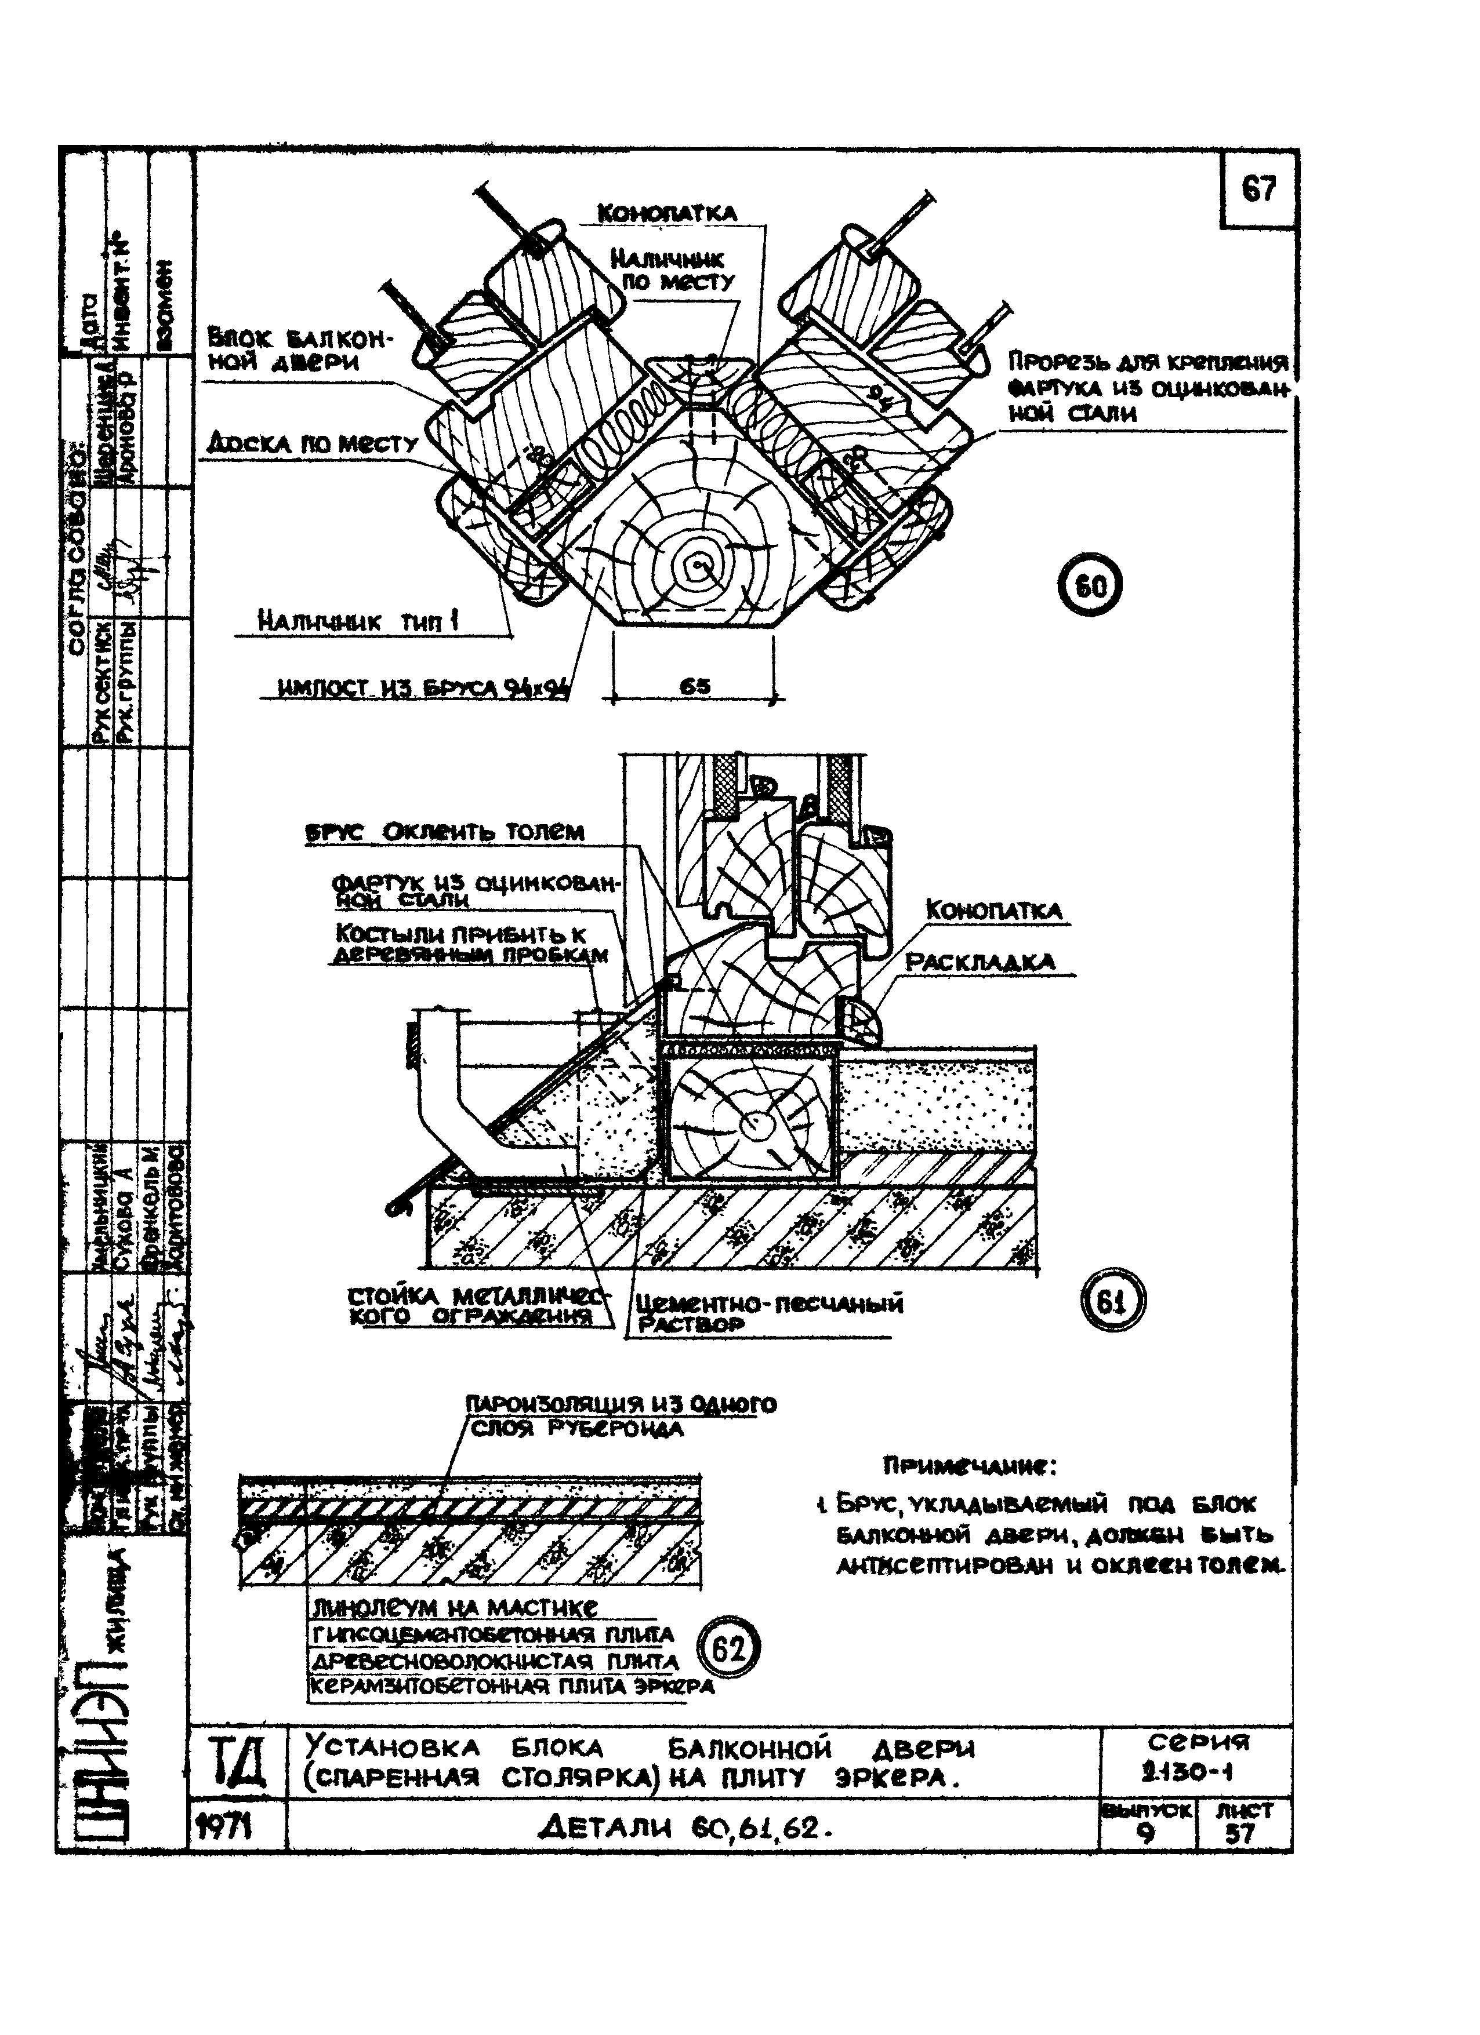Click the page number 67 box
[1258, 190]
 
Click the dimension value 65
[695, 686]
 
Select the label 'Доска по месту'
[313, 443]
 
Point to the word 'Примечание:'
[969, 1467]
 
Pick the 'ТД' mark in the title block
[237, 1763]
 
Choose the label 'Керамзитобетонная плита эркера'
[512, 1686]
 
